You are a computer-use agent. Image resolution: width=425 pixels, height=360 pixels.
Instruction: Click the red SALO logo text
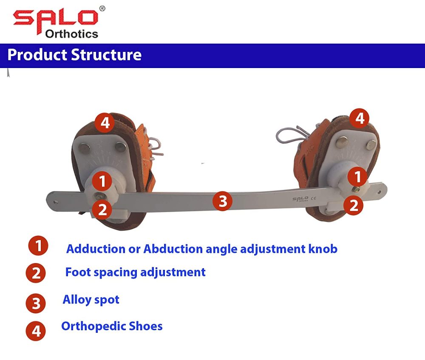coord(55,18)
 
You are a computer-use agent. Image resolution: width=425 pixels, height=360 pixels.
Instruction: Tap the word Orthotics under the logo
coord(71,34)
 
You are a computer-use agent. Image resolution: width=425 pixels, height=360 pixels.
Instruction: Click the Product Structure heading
coord(74,55)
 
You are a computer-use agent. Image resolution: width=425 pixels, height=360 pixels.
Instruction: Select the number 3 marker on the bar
coord(223,201)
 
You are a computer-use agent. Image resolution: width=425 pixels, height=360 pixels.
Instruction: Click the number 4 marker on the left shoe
coord(105,123)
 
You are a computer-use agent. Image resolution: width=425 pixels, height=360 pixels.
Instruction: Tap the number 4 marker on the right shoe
coord(360,118)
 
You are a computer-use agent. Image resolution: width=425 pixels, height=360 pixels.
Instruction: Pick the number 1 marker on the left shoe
coord(102,181)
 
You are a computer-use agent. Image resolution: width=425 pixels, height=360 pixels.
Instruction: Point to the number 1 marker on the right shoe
coord(357,176)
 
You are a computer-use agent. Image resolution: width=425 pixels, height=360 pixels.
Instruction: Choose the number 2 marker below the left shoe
coord(102,209)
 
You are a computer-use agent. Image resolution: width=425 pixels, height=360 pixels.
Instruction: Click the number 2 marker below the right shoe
coord(354,205)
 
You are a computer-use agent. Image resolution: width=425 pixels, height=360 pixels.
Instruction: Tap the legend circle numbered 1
coord(38,246)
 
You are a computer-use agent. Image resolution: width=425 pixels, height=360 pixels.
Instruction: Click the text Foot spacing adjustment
coord(135,272)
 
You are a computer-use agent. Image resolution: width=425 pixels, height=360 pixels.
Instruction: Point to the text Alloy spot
coord(91,300)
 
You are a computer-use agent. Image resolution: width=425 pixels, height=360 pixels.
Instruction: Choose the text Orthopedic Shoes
coord(112,326)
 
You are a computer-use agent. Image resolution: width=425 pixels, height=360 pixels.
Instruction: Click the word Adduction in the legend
coord(92,249)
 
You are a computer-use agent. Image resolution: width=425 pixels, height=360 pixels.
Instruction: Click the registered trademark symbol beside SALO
coord(102,8)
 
